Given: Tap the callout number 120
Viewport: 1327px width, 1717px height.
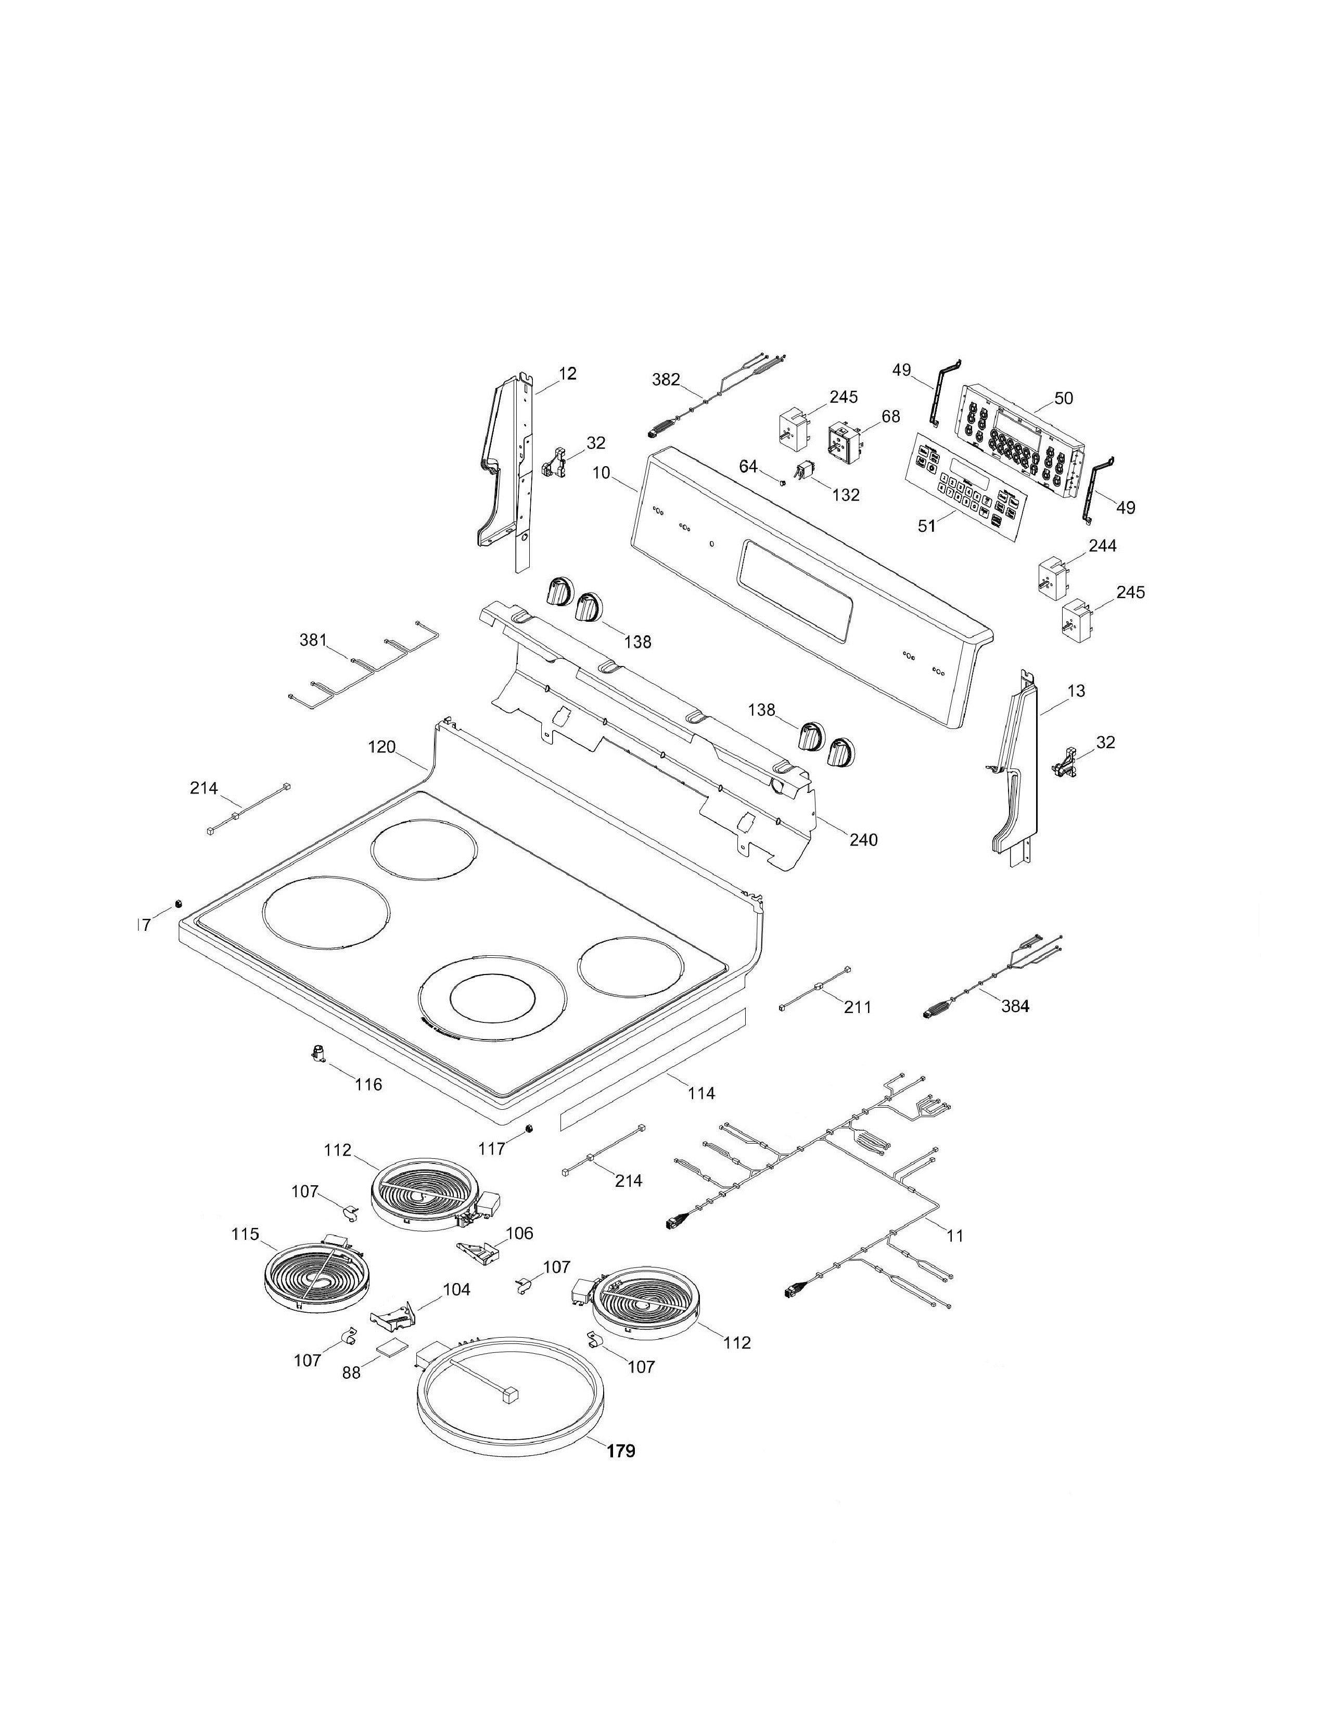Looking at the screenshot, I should (382, 747).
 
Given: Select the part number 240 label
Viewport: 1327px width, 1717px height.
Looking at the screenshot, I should (863, 840).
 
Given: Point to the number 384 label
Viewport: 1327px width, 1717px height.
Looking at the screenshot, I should (1014, 1006).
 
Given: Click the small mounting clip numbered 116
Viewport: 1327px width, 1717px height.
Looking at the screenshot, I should (319, 1054).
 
